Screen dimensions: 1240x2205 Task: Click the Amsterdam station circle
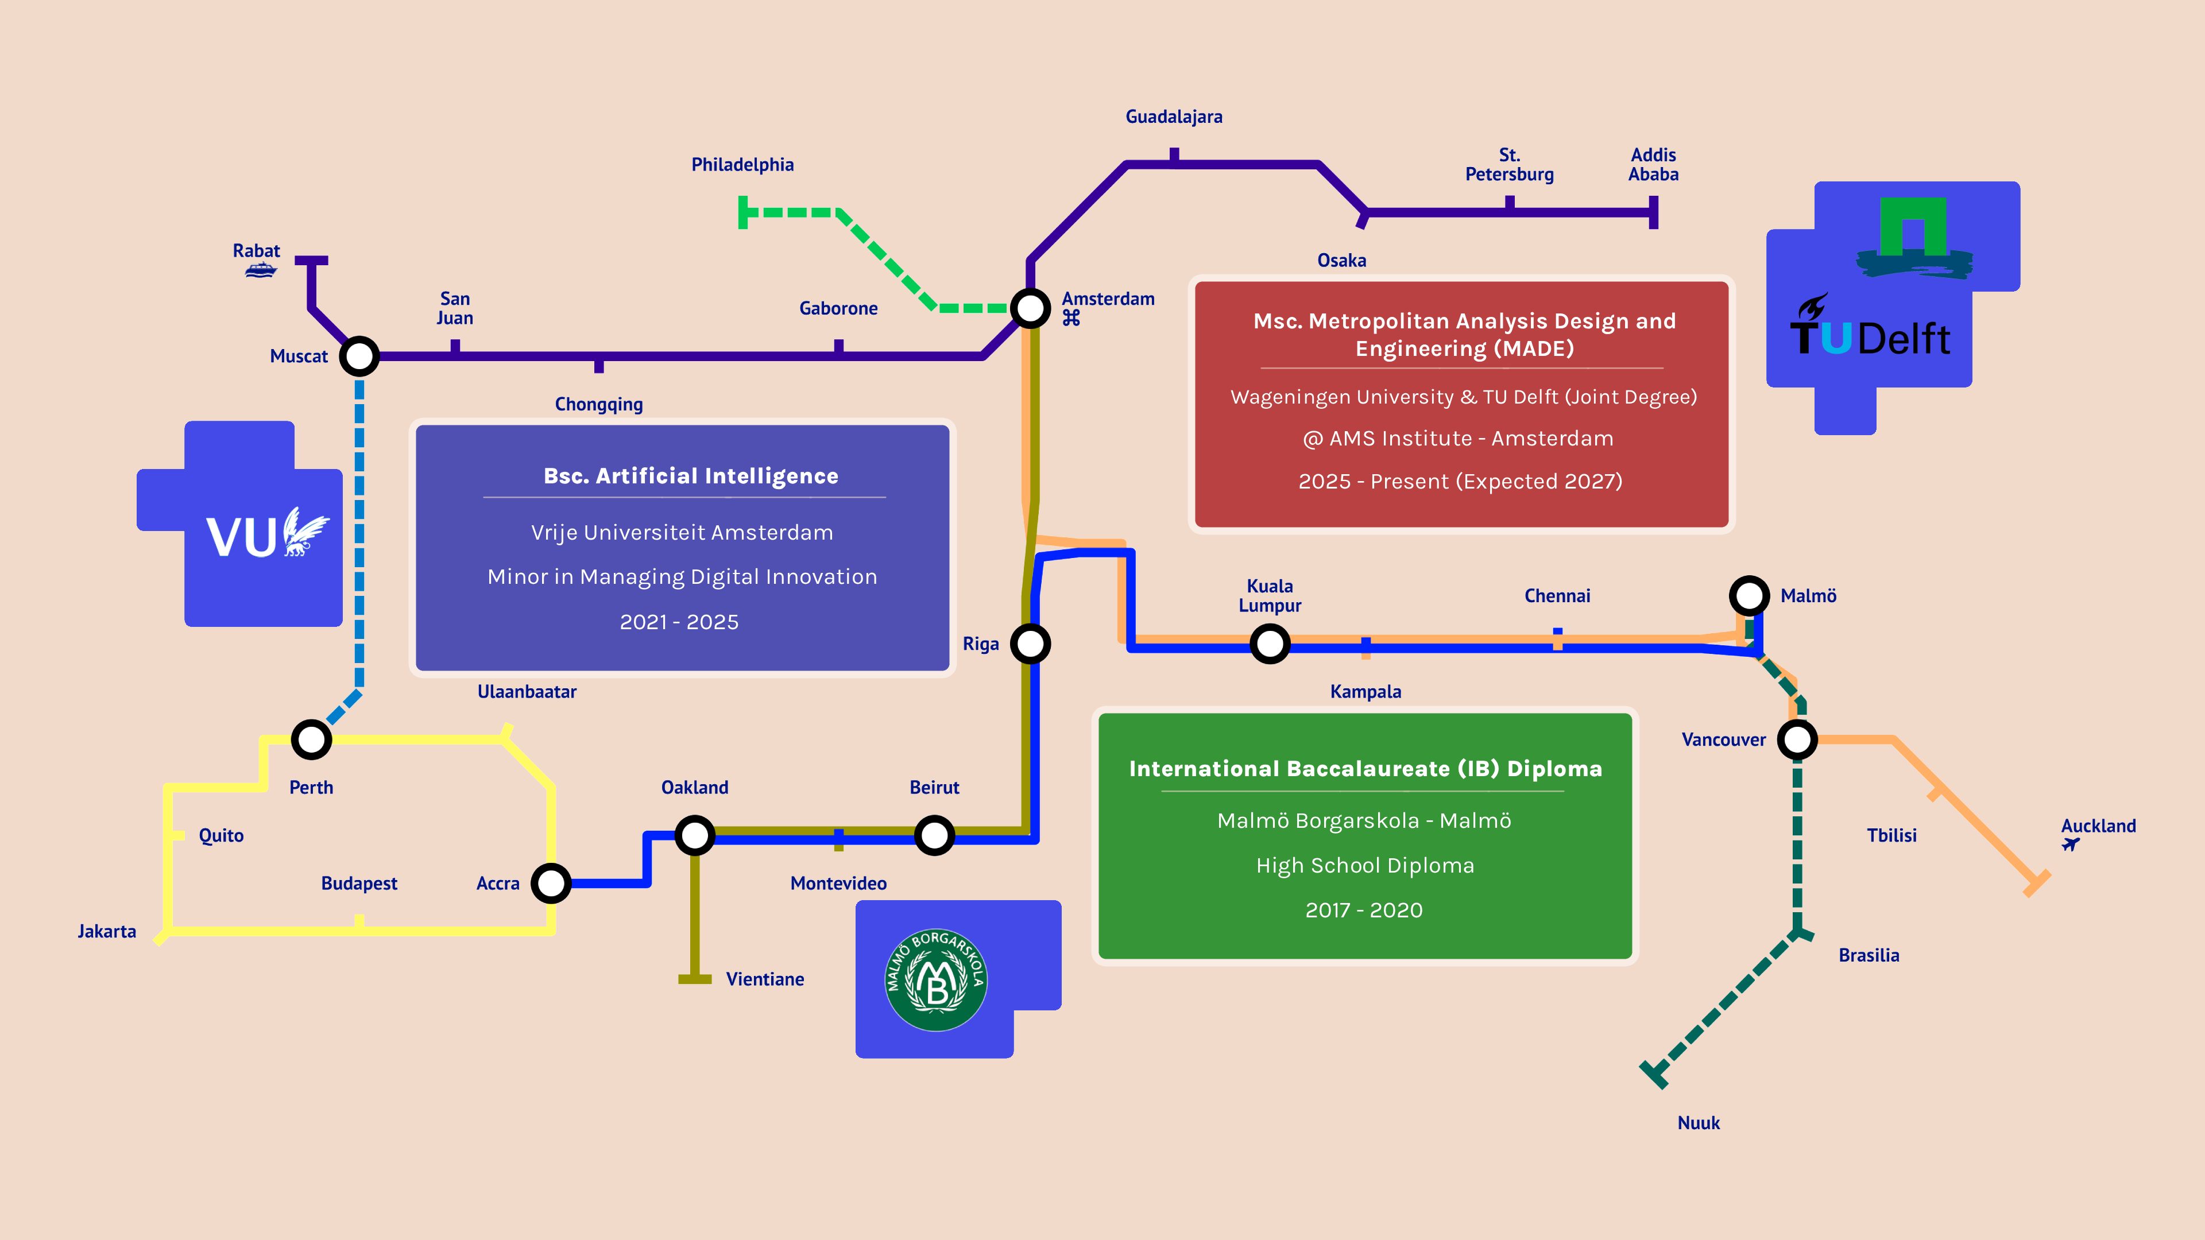[x=1031, y=308]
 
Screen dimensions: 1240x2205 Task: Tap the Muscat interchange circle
[x=359, y=356]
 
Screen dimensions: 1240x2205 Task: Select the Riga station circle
[x=1031, y=644]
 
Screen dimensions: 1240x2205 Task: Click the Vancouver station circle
[x=1797, y=739]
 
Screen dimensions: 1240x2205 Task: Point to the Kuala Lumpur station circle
[x=1270, y=644]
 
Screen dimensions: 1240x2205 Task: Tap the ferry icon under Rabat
[x=260, y=272]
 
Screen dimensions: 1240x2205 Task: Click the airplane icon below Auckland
[x=2071, y=844]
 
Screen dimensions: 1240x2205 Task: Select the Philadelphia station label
[x=742, y=164]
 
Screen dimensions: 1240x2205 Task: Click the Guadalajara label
[x=1174, y=117]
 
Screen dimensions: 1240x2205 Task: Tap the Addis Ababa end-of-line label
[x=1653, y=164]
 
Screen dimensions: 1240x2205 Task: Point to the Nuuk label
[x=1699, y=1123]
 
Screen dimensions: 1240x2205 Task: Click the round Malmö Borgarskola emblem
[x=935, y=980]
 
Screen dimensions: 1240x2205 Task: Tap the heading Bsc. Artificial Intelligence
[x=691, y=476]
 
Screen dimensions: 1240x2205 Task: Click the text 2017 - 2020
[x=1364, y=910]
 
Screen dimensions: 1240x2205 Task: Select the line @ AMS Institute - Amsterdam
[x=1458, y=438]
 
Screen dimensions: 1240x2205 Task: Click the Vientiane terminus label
[x=764, y=979]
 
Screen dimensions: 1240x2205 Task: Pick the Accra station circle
[x=551, y=883]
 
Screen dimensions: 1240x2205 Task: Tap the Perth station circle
[x=312, y=739]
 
